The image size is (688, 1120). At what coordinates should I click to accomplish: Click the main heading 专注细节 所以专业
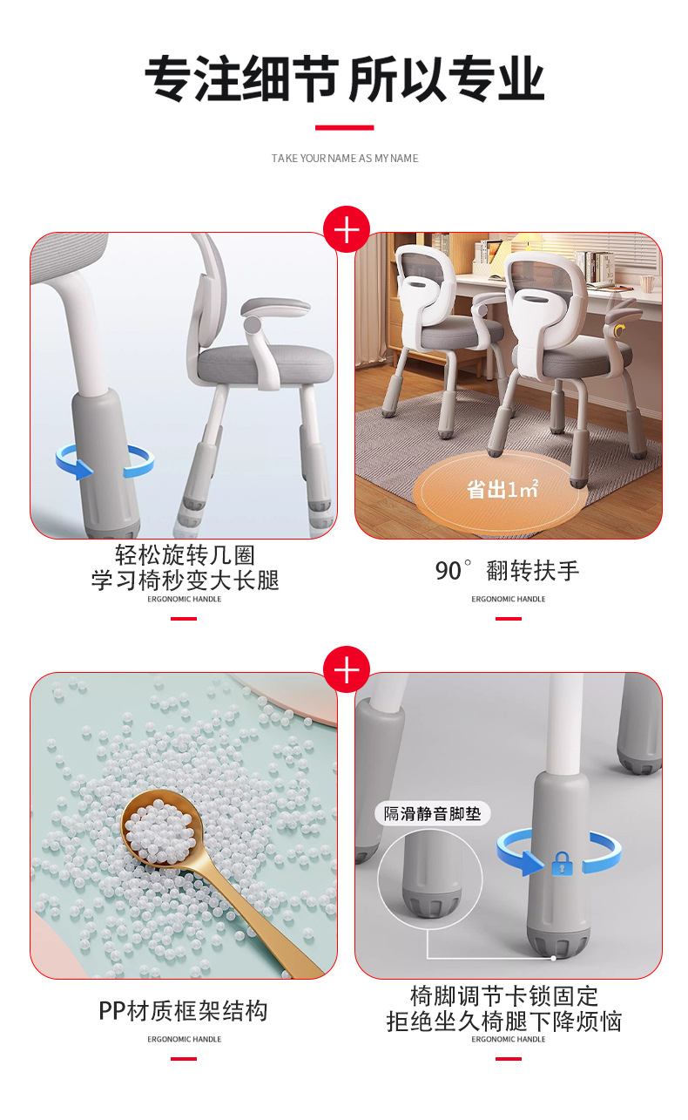pos(344,79)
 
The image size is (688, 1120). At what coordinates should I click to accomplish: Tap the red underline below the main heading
pos(344,127)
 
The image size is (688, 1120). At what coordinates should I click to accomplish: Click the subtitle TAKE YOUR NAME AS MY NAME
pos(345,159)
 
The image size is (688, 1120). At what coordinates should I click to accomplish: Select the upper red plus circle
pos(347,229)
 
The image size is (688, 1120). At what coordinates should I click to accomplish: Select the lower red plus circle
pos(347,669)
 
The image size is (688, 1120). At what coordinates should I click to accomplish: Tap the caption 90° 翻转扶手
pos(507,571)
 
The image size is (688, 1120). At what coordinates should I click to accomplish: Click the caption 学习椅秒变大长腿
pos(185,580)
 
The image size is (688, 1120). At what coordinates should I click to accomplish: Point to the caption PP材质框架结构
pos(183,1010)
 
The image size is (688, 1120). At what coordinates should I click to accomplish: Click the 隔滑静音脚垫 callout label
pos(432,813)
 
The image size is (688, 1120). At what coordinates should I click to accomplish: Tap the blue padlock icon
pos(562,864)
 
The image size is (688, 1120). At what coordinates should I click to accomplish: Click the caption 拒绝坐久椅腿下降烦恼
pos(504,1022)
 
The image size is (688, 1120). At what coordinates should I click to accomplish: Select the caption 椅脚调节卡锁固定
pos(504,996)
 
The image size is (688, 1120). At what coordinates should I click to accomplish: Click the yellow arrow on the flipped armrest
pos(619,330)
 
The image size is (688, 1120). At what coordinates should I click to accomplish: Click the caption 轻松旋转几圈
pos(185,555)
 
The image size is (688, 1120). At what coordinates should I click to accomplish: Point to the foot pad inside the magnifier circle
pos(432,900)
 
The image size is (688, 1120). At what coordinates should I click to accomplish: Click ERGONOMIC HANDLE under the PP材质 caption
pos(185,1039)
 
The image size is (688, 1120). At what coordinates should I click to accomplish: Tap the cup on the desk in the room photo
pos(648,283)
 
